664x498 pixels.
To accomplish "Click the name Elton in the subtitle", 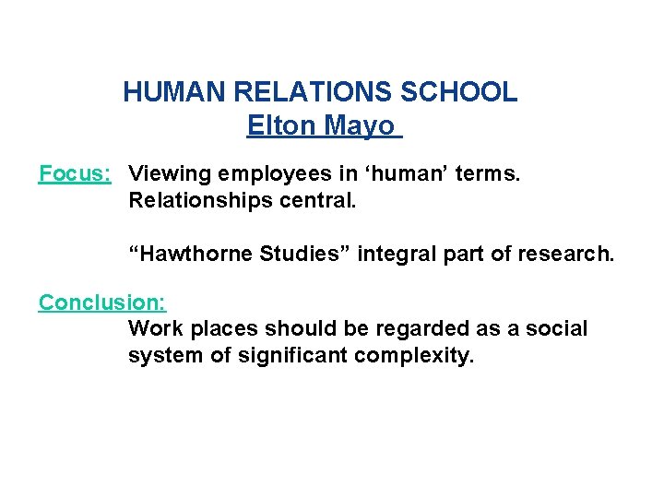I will point(278,125).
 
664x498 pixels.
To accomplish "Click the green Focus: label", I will point(75,172).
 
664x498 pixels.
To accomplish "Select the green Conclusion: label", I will point(101,302).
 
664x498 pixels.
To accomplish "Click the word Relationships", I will point(193,199).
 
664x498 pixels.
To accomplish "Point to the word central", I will point(310,199).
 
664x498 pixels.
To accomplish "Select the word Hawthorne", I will point(195,254).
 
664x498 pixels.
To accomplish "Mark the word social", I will point(556,329).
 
